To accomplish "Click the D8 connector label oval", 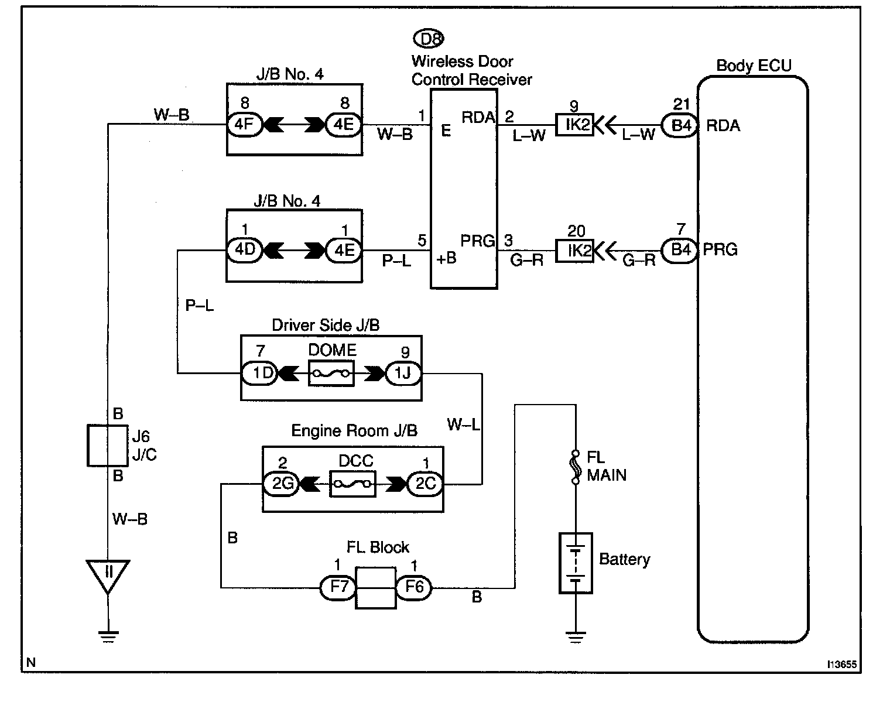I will pyautogui.click(x=429, y=39).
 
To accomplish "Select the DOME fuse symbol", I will pyautogui.click(x=331, y=373).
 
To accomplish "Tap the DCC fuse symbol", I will pyautogui.click(x=352, y=484).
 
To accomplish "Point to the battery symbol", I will pyautogui.click(x=576, y=562).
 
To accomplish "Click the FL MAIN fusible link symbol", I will pyautogui.click(x=576, y=467).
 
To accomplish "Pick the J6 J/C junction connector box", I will pyautogui.click(x=108, y=446).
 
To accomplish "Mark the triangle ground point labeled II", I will pyautogui.click(x=108, y=574).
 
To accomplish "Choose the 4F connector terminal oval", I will pyautogui.click(x=245, y=125).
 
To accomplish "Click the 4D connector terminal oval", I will pyautogui.click(x=245, y=250).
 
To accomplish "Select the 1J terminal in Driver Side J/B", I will pyautogui.click(x=403, y=373).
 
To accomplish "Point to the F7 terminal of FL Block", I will pyautogui.click(x=338, y=587).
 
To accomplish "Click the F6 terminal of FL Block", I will pyautogui.click(x=414, y=587).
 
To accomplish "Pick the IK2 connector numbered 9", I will pyautogui.click(x=574, y=125).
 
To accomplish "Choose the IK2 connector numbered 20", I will pyautogui.click(x=574, y=251).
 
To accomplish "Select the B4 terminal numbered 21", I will pyautogui.click(x=679, y=125).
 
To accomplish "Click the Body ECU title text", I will pyautogui.click(x=754, y=65).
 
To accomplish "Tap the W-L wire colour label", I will pyautogui.click(x=463, y=424).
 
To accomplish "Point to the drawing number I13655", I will pyautogui.click(x=842, y=665).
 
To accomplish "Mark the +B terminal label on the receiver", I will pyautogui.click(x=446, y=258).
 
